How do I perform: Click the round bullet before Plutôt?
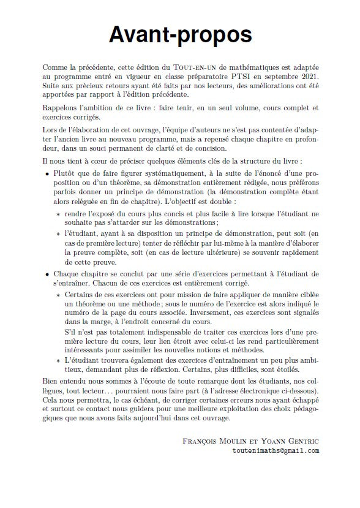pos(48,174)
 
